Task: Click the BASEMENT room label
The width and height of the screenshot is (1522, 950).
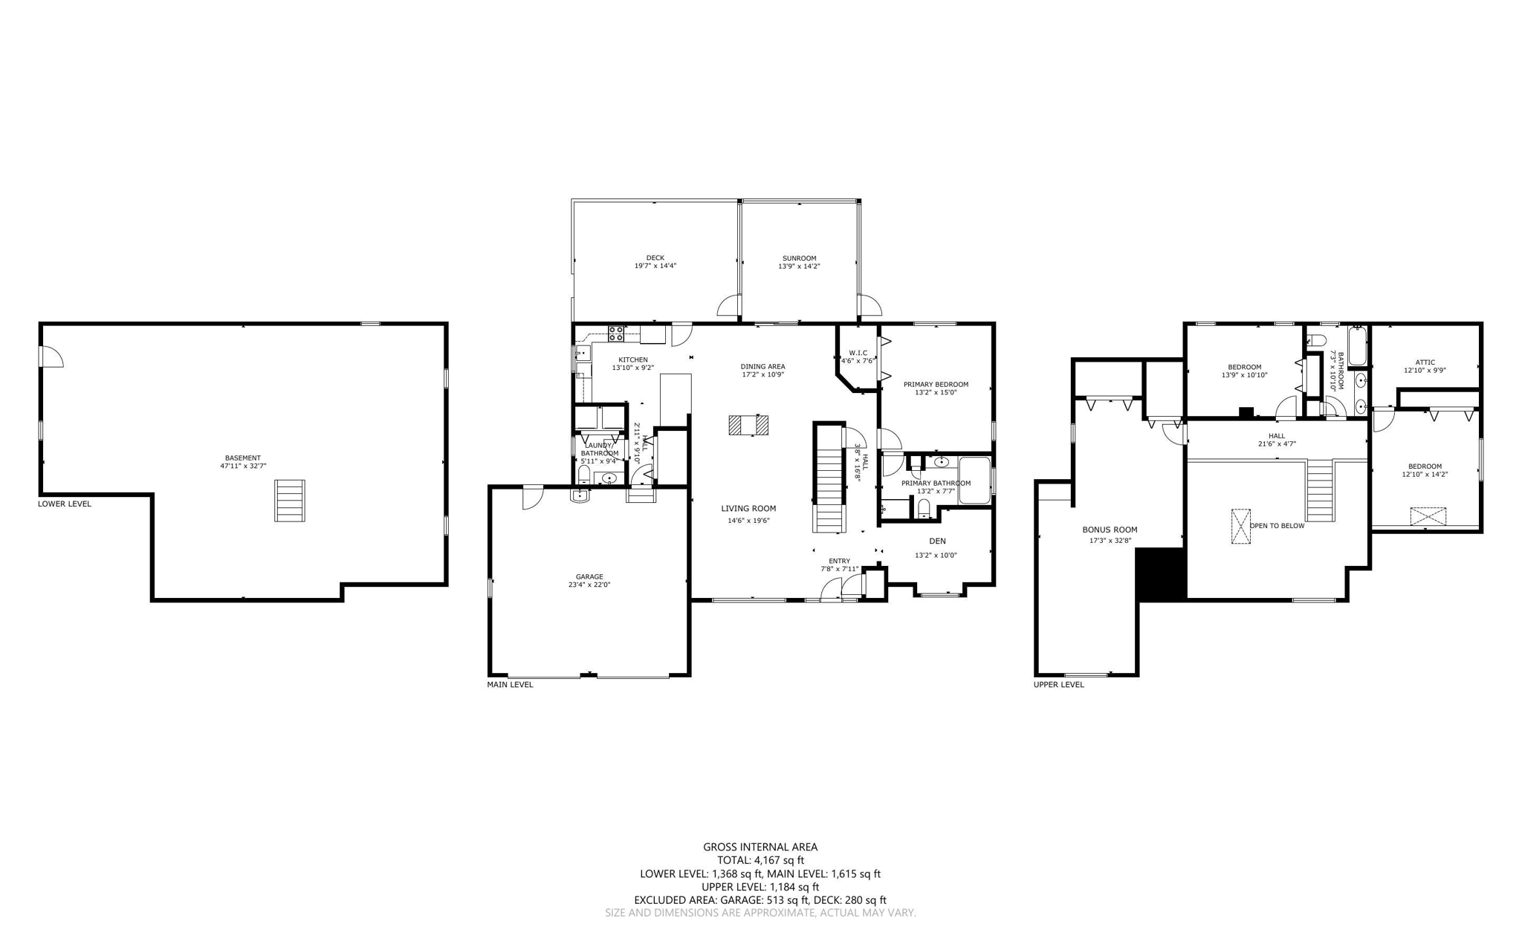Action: point(243,458)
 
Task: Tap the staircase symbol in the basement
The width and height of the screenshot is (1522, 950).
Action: point(289,500)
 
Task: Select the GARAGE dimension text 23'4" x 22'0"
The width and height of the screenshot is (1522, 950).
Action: point(589,585)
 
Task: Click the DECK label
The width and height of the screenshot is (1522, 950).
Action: point(655,258)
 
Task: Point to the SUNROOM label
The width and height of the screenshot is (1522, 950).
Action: point(799,258)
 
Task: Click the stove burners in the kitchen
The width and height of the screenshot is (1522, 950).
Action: point(615,334)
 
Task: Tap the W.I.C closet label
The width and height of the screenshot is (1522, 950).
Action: point(858,353)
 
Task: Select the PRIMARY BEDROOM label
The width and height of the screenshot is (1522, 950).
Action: point(935,384)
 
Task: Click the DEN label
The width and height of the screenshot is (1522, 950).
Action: point(937,541)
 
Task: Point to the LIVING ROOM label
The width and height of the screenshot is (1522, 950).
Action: point(748,508)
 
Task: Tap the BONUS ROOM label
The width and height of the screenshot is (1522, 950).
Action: point(1109,530)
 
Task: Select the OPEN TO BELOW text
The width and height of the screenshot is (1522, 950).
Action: point(1276,526)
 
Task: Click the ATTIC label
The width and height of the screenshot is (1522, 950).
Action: point(1425,362)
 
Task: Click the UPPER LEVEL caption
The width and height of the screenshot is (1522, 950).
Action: point(1058,684)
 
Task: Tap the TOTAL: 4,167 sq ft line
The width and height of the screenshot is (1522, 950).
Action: point(760,860)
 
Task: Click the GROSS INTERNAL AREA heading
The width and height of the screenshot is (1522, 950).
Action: point(760,847)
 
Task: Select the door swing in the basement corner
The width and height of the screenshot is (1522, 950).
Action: point(51,357)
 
